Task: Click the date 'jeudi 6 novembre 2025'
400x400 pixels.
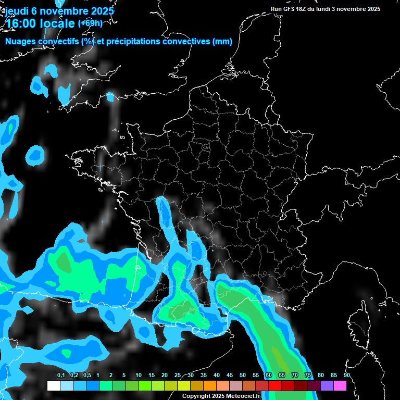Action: (60, 10)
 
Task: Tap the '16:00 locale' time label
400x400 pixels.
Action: (40, 23)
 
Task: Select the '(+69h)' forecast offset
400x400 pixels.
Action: (90, 23)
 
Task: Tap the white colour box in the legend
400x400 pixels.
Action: (53, 385)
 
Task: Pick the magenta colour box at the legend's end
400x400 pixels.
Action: (340, 385)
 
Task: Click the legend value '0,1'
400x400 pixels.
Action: (60, 376)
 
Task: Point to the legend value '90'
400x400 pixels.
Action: (346, 376)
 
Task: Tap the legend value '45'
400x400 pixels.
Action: (230, 376)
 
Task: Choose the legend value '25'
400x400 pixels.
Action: (178, 376)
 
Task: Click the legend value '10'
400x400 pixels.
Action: (139, 376)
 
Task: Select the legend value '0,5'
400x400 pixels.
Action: (86, 376)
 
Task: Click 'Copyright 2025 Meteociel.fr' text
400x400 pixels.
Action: (221, 396)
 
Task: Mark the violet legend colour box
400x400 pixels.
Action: (327, 385)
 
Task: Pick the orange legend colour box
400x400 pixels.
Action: (210, 385)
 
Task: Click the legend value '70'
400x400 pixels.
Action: (295, 376)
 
